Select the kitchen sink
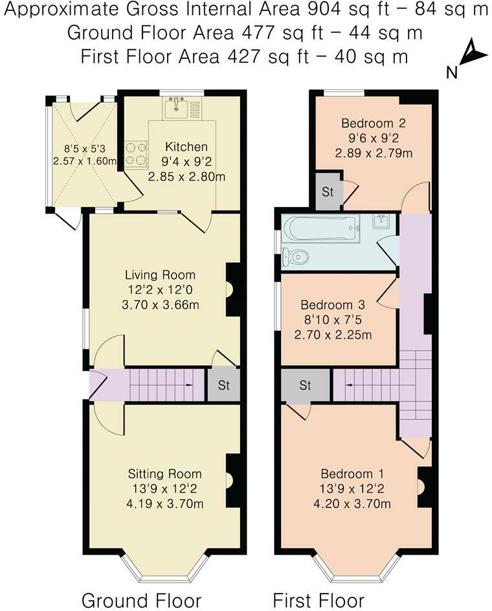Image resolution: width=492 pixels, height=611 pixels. [x=176, y=107]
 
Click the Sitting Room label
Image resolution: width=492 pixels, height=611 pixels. [x=164, y=474]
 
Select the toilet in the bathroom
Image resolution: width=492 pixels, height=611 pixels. [x=295, y=257]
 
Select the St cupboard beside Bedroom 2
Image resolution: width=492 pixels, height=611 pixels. [x=327, y=192]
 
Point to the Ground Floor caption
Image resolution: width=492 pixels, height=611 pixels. [x=141, y=600]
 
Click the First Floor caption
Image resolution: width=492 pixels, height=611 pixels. [x=318, y=600]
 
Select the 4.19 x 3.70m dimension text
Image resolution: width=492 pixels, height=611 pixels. [x=164, y=503]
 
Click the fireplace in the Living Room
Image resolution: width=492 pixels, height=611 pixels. [x=232, y=290]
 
